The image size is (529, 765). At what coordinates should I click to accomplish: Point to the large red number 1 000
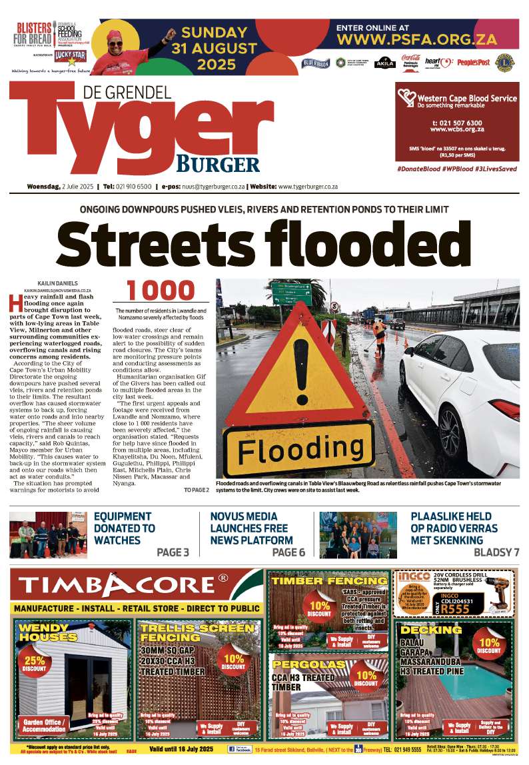click(x=161, y=291)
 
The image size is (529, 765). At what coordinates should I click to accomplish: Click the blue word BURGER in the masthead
click(x=218, y=164)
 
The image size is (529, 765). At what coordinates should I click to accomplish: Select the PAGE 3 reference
click(x=173, y=552)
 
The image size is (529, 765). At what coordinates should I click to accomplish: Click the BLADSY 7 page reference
click(x=496, y=552)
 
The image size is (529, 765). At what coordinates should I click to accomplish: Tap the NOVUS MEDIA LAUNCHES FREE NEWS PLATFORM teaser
click(x=251, y=528)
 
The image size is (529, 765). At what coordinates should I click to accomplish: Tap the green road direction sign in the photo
click(x=290, y=294)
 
